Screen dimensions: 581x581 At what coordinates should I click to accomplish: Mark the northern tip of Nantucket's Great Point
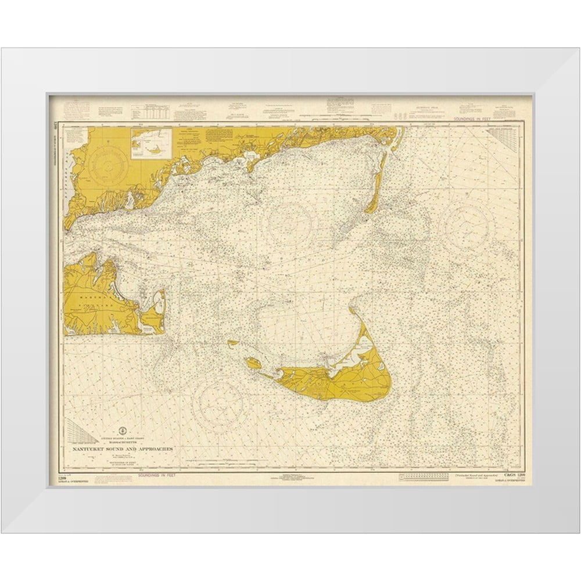[x=351, y=310]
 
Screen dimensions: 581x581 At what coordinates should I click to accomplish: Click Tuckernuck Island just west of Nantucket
[x=253, y=364]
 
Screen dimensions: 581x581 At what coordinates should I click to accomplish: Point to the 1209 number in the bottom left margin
[x=62, y=478]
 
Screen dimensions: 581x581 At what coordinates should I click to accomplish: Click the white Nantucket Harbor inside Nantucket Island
[x=347, y=358]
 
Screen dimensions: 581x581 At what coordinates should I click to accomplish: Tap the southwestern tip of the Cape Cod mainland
[x=68, y=224]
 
